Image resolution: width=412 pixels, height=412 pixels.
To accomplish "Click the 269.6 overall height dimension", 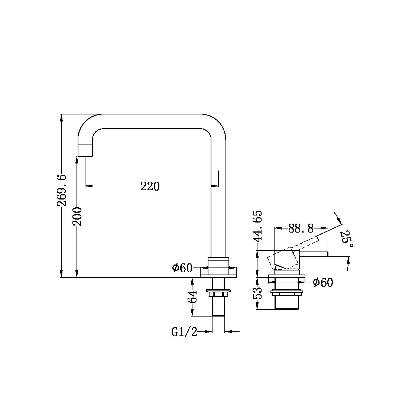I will coord(62,190).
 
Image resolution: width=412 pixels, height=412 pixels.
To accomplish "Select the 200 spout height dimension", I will coord(77,216).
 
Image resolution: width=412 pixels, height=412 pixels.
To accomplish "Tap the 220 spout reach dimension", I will coord(150,186).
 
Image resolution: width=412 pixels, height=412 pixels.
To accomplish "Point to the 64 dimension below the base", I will coord(192,297).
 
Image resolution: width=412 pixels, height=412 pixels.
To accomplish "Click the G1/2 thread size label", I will coord(184,331).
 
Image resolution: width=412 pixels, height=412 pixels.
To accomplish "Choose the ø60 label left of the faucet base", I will coord(182,268).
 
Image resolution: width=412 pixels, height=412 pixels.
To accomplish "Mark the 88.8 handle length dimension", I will coord(301,228).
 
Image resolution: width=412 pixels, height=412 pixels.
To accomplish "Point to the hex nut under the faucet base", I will coord(218,294).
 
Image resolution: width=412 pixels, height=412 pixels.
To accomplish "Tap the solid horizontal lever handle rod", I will coord(314,254).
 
